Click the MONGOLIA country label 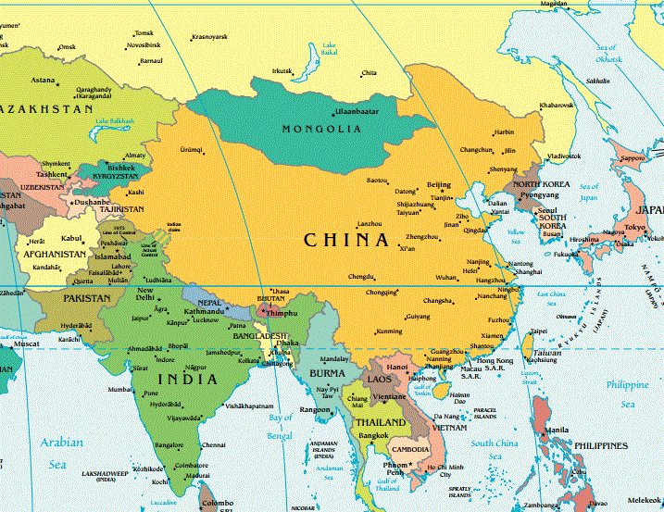click(x=321, y=129)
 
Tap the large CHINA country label click(x=346, y=241)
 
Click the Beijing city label click(x=438, y=184)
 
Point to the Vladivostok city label click(x=562, y=156)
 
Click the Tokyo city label click(x=634, y=227)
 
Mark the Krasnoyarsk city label click(x=209, y=37)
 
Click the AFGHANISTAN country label click(x=55, y=254)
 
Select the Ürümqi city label click(x=191, y=148)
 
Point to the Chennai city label click(x=214, y=444)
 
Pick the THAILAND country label click(x=381, y=422)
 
